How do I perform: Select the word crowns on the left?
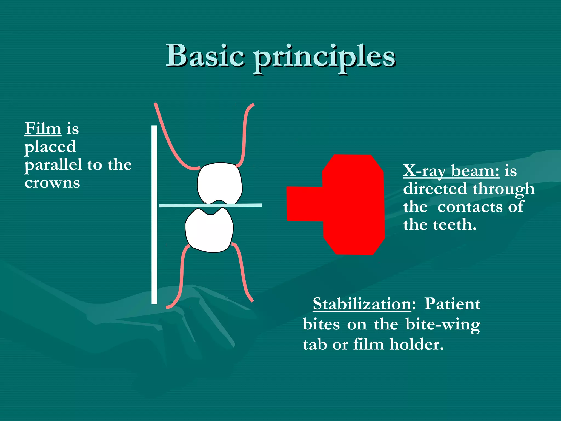(52, 183)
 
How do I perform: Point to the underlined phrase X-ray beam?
(451, 171)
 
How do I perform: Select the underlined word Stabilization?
(362, 304)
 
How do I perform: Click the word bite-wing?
(443, 325)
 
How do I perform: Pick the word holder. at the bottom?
(416, 345)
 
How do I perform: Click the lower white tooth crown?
(210, 232)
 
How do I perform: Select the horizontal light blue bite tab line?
(247, 205)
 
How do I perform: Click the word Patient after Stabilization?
(452, 304)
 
